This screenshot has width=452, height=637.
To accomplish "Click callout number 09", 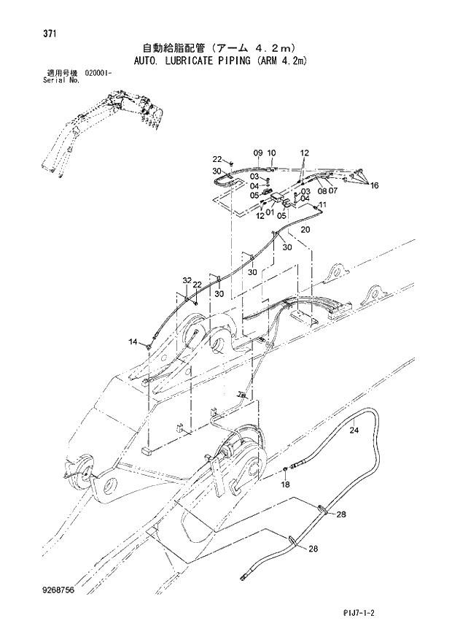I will pos(257,153).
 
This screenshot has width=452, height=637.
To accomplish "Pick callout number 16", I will pos(374,186).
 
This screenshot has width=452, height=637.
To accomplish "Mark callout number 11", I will pos(322,206).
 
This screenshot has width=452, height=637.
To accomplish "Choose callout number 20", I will pos(305,229).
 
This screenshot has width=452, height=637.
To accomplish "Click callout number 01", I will pos(270,212).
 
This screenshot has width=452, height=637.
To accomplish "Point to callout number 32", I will pos(187,280).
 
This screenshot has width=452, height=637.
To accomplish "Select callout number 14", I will pos(133,341).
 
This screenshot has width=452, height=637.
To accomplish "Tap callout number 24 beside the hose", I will pos(354,431).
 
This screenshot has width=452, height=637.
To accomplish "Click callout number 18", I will pos(286,484).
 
